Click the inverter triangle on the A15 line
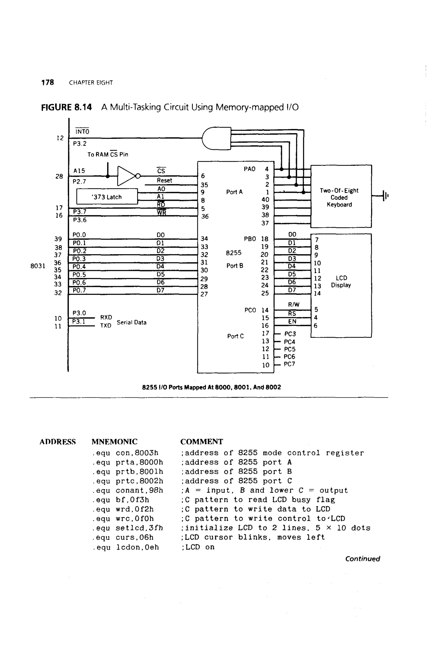point(126,176)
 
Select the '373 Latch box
point(107,197)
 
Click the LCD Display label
point(341,281)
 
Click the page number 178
point(47,83)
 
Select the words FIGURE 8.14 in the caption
point(66,107)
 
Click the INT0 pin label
point(82,131)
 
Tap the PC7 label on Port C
point(289,364)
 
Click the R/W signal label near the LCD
point(293,304)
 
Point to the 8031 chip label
point(38,266)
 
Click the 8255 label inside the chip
point(233,253)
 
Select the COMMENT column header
point(201,441)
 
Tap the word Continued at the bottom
point(362,559)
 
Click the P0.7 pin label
point(79,290)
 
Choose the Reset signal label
point(164,180)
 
